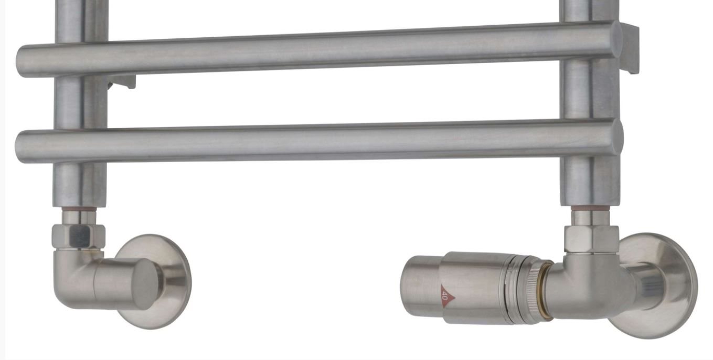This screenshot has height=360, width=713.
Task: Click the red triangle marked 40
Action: click(x=446, y=297)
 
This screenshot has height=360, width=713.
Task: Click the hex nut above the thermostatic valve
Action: click(x=592, y=239)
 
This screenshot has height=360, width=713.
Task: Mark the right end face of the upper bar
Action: click(x=615, y=40)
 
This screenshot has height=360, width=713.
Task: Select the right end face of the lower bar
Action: click(x=617, y=137)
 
